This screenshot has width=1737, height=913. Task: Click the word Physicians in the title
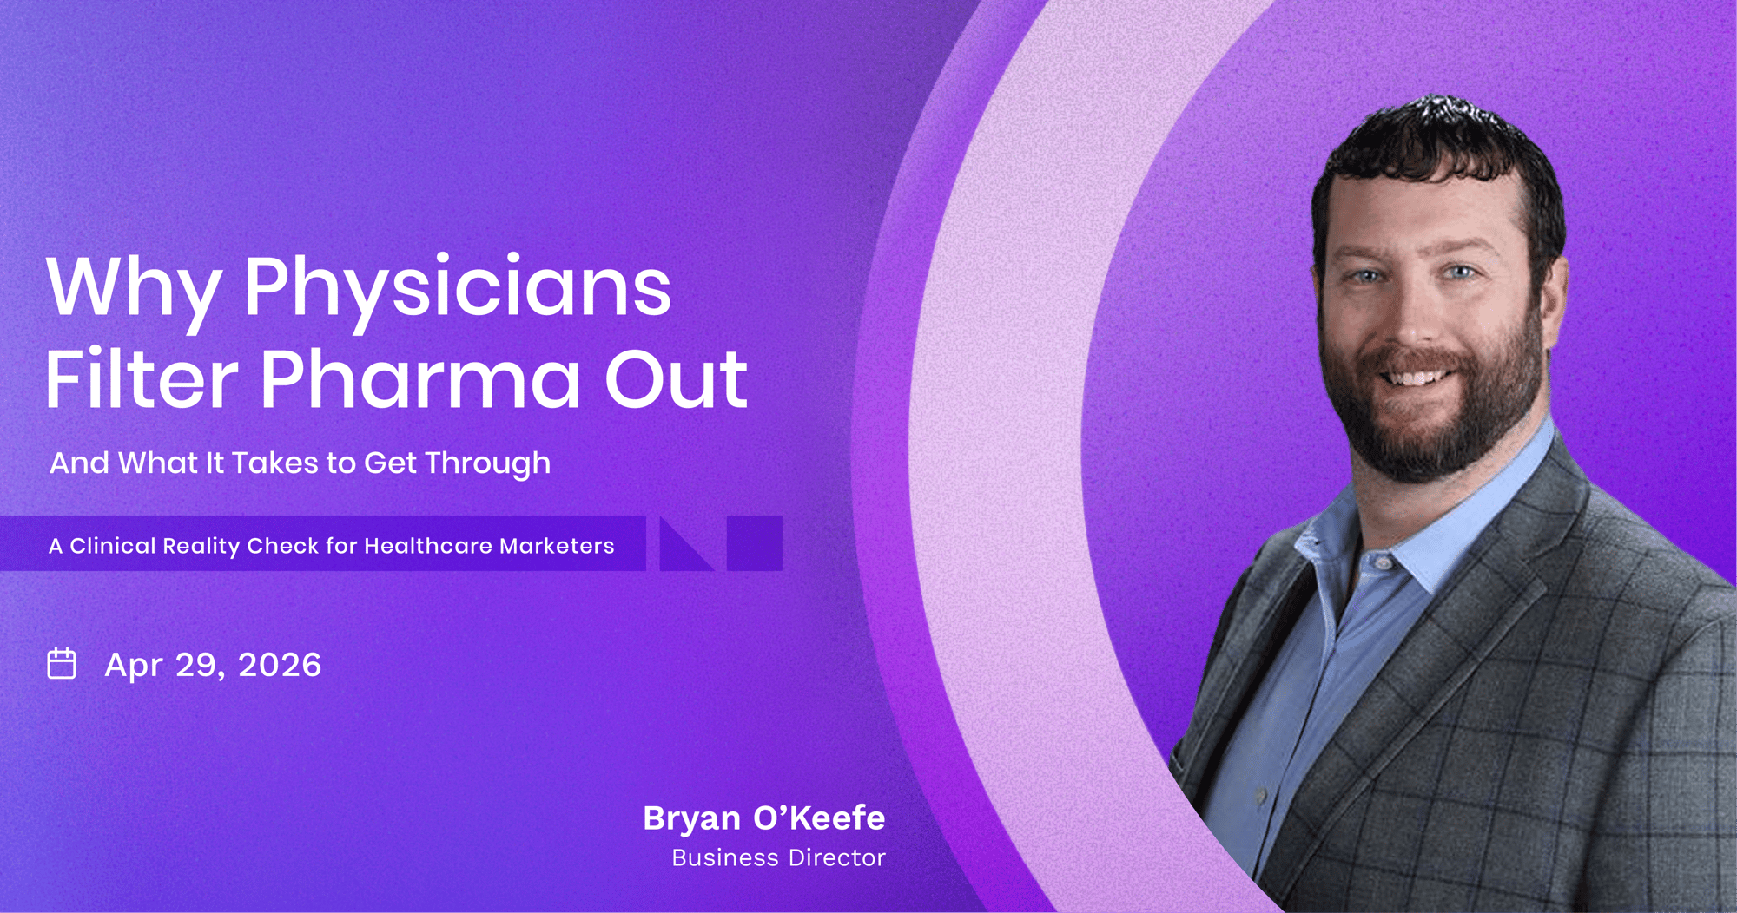click(x=457, y=291)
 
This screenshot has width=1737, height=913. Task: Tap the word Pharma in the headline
click(x=420, y=378)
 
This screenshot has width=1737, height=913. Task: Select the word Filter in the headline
click(x=142, y=378)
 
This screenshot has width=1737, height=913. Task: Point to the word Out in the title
click(x=676, y=378)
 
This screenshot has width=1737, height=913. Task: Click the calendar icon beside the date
click(x=62, y=663)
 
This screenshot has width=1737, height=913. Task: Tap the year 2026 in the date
click(x=280, y=666)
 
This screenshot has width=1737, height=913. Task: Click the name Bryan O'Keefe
click(x=764, y=818)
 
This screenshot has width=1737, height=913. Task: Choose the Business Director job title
click(x=778, y=858)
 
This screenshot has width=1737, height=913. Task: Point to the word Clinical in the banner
click(x=112, y=546)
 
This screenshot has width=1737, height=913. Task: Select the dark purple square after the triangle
click(x=755, y=543)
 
